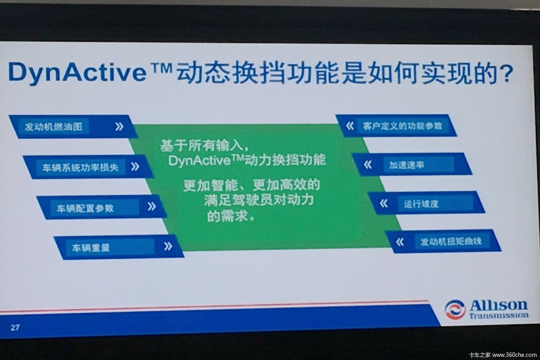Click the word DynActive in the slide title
77,72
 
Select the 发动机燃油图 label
53,126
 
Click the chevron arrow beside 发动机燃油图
119,126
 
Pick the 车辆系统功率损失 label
80,167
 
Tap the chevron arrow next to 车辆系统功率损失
135,166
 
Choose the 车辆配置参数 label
85,208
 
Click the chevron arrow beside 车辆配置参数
152,207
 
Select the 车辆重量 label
90,248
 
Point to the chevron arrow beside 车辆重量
168,246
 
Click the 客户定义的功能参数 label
402,126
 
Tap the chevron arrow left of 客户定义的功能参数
350,126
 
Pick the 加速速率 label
406,165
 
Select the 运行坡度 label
421,204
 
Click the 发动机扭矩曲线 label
451,242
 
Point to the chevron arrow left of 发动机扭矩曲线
400,242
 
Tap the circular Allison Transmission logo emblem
455,310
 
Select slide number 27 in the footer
15,328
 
